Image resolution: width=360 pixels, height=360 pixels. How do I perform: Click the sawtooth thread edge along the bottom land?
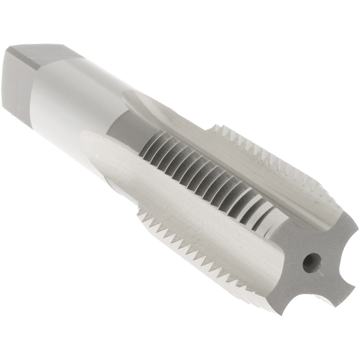coord(187,245)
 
